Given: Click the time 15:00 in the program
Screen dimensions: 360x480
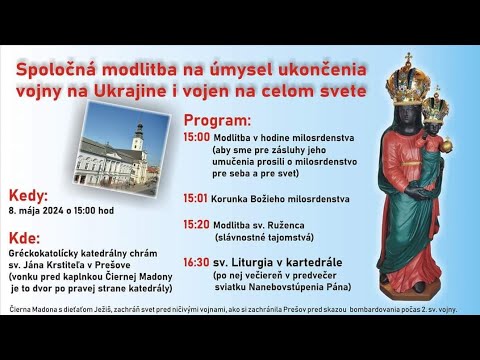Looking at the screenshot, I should (x=196, y=136).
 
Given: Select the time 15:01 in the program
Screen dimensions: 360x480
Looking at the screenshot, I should (x=196, y=198).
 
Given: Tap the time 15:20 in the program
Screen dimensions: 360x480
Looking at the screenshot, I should (x=196, y=226).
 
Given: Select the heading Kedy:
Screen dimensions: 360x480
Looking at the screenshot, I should (x=27, y=196).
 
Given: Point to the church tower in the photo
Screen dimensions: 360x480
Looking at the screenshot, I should (x=137, y=140).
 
